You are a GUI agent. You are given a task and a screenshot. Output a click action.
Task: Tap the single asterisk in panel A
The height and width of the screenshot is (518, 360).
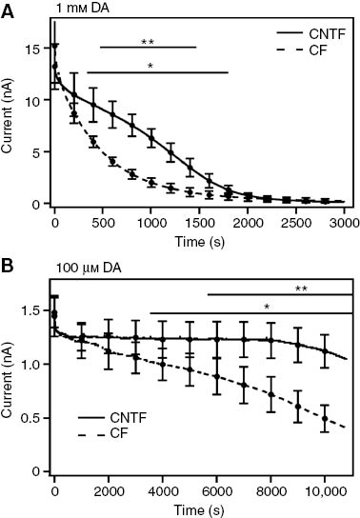[x=152, y=66]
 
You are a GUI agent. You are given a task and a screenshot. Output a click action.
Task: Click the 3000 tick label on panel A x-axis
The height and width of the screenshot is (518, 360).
[x=345, y=222]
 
